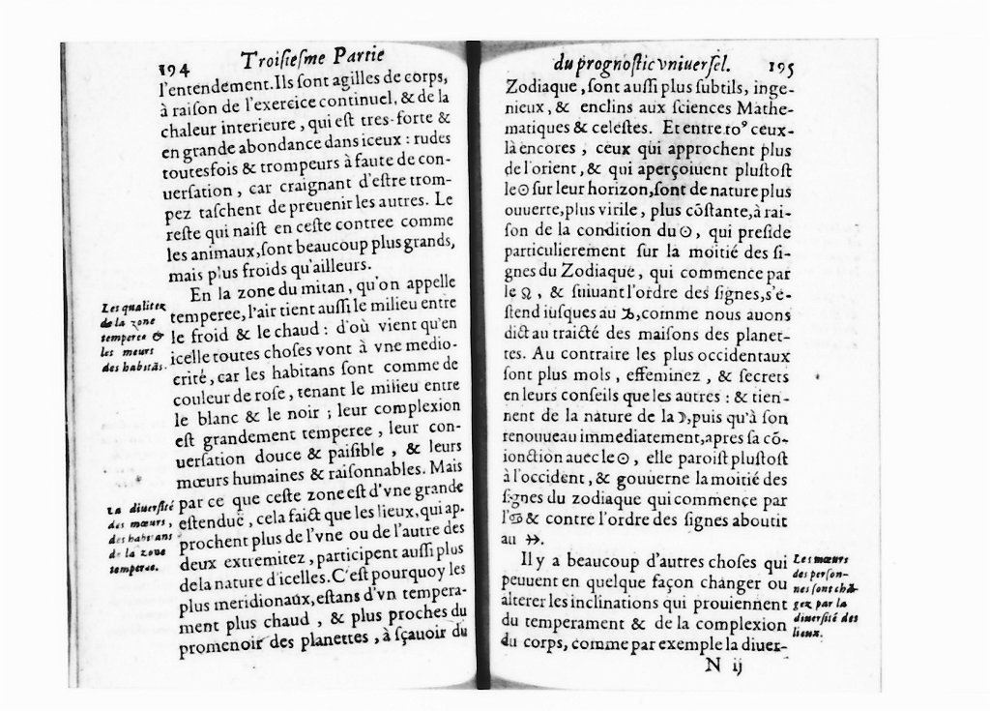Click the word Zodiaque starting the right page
pos(539,85)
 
